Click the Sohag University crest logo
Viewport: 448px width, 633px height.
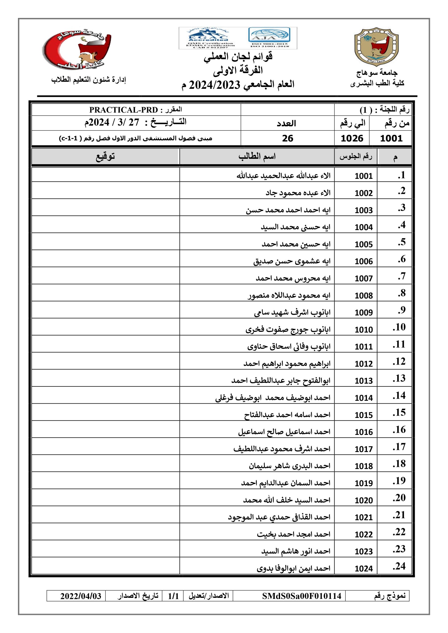coord(377,47)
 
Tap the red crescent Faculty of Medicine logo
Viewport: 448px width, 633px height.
coord(77,50)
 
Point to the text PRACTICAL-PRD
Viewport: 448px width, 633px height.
coord(124,110)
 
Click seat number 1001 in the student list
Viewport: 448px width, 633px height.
coord(363,176)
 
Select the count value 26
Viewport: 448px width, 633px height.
coord(287,138)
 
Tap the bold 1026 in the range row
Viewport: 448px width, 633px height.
coord(352,138)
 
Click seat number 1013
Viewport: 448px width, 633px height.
coord(363,381)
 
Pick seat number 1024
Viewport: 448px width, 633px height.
coord(363,568)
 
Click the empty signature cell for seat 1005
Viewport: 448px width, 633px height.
coord(105,242)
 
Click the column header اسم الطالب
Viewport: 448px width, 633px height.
coord(257,156)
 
